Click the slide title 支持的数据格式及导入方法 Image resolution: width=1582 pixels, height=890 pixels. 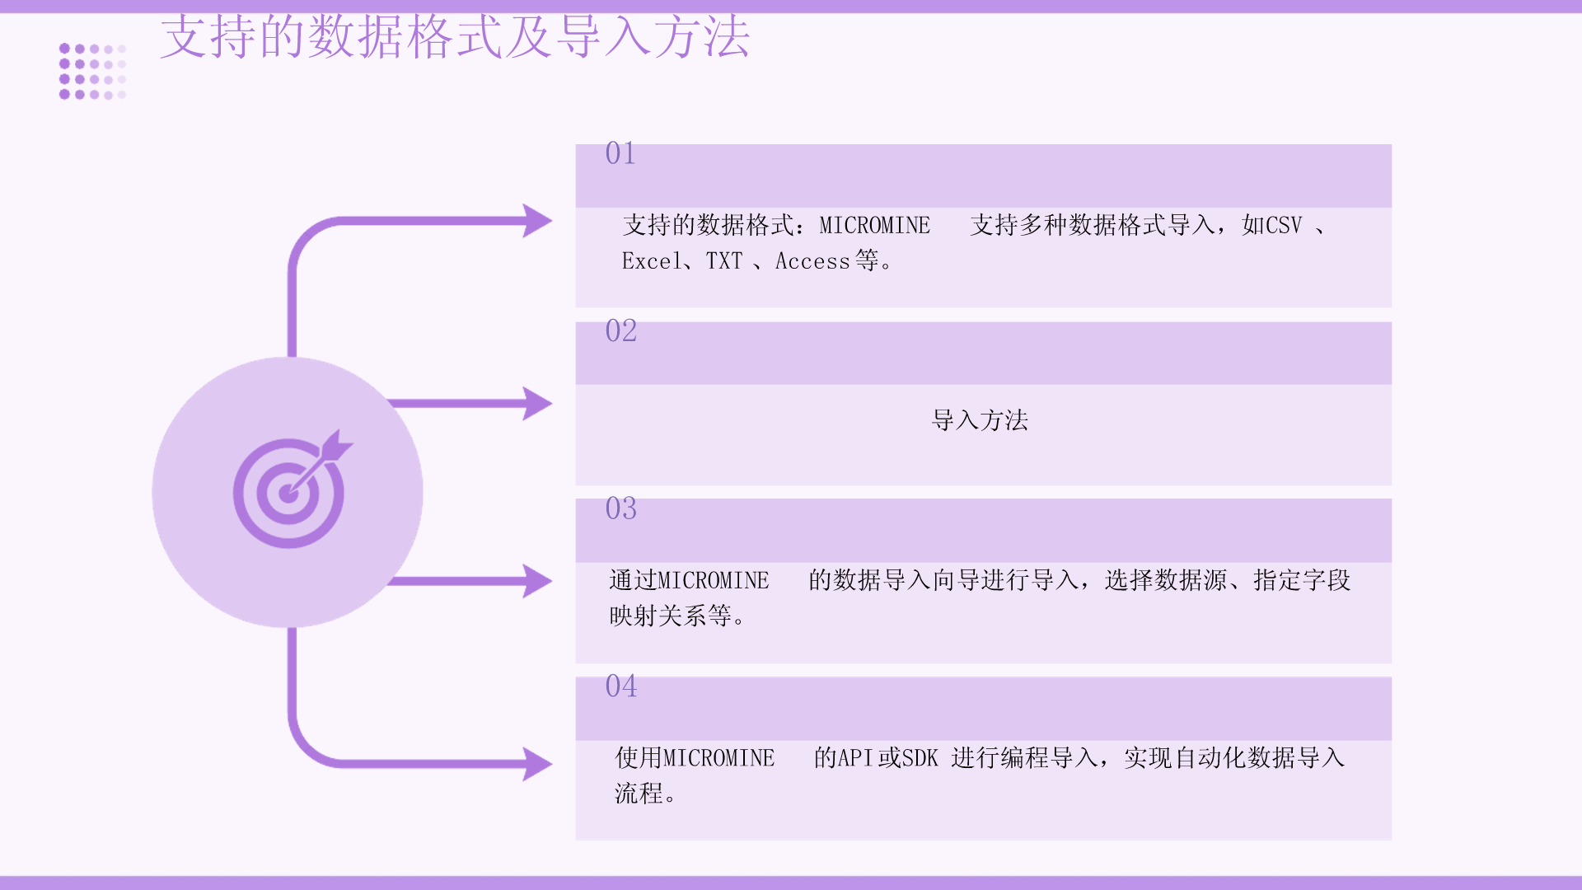(x=455, y=37)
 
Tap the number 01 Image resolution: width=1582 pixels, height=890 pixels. (x=620, y=153)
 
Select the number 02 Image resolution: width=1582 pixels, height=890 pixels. (x=620, y=331)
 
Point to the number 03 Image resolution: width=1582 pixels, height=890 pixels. (x=620, y=508)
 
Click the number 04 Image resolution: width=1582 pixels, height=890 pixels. (x=620, y=686)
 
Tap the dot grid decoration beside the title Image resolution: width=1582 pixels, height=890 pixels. (x=92, y=72)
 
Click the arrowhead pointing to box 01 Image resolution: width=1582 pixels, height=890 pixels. (x=537, y=221)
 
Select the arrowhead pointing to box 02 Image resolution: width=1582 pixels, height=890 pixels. (x=537, y=404)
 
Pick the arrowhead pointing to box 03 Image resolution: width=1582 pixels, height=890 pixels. (x=537, y=581)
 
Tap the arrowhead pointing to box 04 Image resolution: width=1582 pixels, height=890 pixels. (x=537, y=764)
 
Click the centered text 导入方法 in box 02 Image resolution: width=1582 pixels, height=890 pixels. (x=980, y=420)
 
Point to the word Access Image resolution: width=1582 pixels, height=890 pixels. (x=812, y=261)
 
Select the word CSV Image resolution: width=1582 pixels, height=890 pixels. (x=1284, y=225)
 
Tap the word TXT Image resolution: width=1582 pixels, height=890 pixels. (x=724, y=261)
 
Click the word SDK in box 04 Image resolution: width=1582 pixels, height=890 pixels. (x=920, y=758)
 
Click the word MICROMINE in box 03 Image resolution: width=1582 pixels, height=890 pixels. (x=714, y=580)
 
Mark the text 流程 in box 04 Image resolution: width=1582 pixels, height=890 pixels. (x=639, y=794)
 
